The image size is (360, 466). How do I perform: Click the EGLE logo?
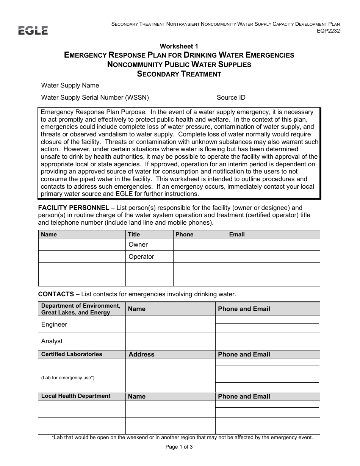[x=33, y=30]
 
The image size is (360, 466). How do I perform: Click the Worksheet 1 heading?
[x=179, y=46]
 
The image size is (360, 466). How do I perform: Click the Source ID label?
[x=231, y=98]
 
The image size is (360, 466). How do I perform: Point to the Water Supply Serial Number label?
[x=95, y=98]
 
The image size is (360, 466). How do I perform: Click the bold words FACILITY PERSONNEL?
[x=74, y=208]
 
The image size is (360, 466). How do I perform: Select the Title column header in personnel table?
[x=134, y=235]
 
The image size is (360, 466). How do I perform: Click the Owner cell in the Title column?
[x=138, y=245]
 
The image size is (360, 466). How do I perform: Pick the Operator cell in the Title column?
[x=141, y=257]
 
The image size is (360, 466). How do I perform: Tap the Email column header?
[x=237, y=235]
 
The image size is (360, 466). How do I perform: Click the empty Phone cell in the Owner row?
[x=199, y=245]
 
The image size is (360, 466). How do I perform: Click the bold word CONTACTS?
[x=56, y=294]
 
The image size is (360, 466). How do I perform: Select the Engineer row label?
[x=54, y=325]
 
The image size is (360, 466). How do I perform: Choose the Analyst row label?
[x=52, y=341]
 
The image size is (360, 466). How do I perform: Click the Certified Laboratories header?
[x=72, y=354]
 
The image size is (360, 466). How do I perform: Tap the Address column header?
[x=141, y=355]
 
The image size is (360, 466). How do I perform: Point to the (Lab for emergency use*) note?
[x=68, y=378]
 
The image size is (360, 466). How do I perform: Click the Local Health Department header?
[x=76, y=396]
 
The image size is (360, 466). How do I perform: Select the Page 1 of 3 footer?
[x=179, y=447]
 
